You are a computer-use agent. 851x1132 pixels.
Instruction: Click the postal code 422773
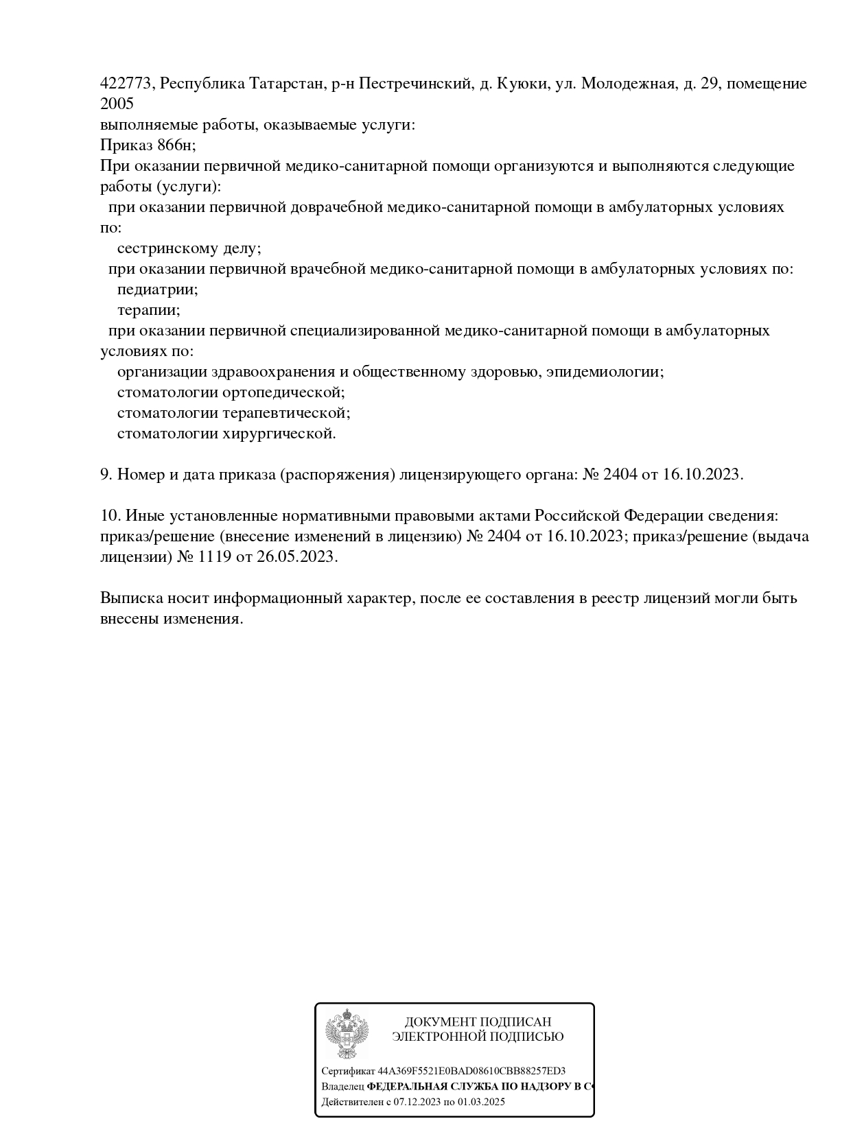pos(126,84)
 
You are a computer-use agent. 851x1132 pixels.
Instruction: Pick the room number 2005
pos(117,104)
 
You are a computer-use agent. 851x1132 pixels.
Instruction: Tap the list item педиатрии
pos(157,290)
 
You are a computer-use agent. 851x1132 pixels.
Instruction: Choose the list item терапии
pos(148,310)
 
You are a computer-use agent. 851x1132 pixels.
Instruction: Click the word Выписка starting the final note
pos(130,598)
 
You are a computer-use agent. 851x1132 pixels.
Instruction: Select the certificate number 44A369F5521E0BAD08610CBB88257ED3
pos(471,1071)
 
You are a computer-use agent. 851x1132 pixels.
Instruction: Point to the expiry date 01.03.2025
pos(481,1102)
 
